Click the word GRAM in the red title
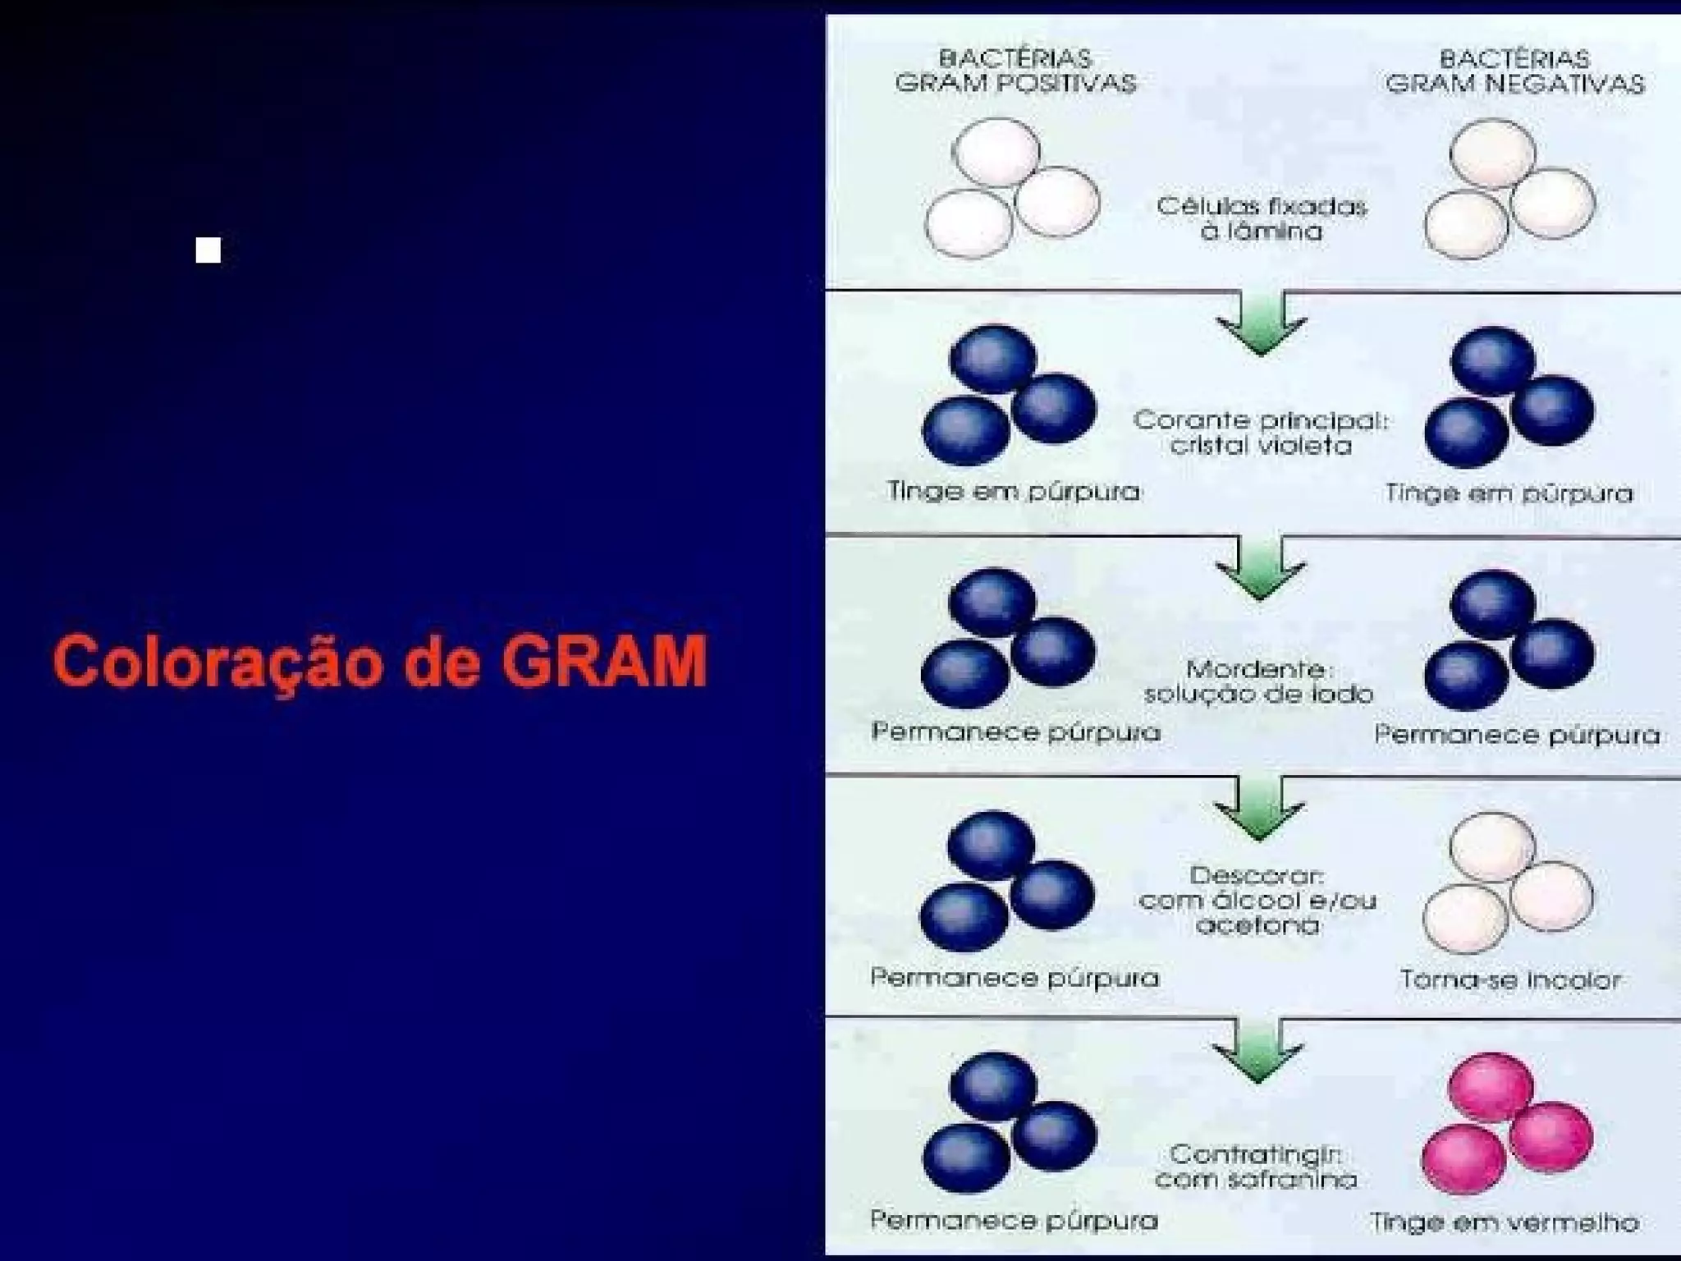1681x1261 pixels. (x=604, y=662)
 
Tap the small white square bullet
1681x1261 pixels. (x=208, y=250)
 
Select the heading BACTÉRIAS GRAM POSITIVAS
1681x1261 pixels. (x=1015, y=71)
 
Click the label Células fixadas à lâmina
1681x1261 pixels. (x=1262, y=218)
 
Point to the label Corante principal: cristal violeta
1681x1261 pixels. (x=1261, y=433)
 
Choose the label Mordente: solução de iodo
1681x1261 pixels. (x=1258, y=681)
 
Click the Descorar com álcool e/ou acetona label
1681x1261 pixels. (x=1257, y=901)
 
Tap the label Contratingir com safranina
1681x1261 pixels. (x=1256, y=1167)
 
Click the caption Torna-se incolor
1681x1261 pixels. (x=1510, y=979)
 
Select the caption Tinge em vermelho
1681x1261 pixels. (x=1505, y=1222)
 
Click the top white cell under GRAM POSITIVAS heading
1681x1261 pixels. (x=996, y=153)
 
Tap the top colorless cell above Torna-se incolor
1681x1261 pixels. (x=1491, y=846)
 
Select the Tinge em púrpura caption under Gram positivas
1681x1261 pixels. (x=1014, y=491)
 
